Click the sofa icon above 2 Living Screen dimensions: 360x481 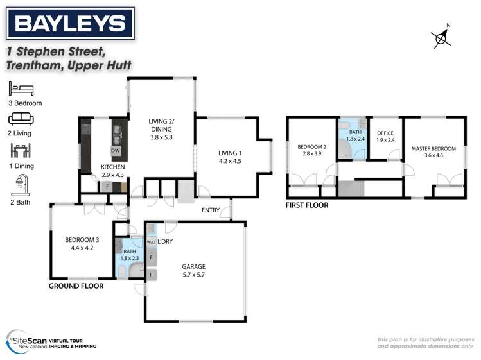19,119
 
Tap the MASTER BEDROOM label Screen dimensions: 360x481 433,148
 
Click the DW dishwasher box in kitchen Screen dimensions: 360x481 116,151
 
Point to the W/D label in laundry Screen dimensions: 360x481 151,242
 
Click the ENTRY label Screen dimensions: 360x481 210,210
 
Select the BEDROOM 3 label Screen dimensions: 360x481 80,240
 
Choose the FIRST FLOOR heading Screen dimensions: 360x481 307,205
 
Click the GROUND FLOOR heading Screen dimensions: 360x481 76,286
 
